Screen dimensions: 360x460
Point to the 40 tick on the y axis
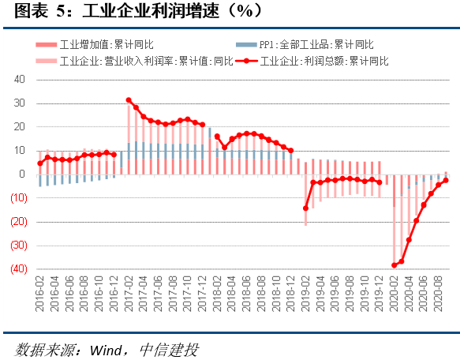20,80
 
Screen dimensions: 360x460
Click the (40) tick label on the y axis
17,269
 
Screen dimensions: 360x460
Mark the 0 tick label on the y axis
23,174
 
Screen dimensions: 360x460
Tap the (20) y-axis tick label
17,222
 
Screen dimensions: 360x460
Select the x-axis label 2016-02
40,294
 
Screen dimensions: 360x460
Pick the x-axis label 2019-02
306,294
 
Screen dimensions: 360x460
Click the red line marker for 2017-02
129,100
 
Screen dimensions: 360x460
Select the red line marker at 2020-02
395,265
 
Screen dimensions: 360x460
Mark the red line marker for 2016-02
40,163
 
